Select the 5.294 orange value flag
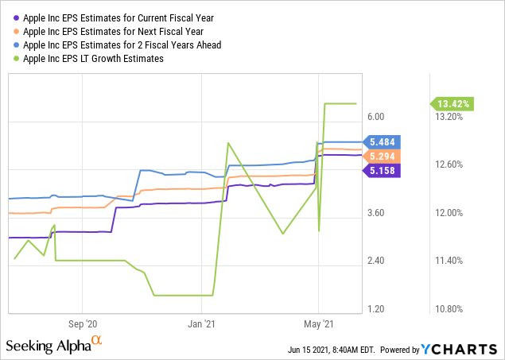[x=384, y=156]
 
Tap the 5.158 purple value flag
[x=384, y=170]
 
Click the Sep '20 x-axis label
[x=83, y=324]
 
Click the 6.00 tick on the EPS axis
[x=376, y=117]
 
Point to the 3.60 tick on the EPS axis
[x=376, y=213]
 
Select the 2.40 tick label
[x=376, y=261]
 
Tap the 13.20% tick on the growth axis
[x=450, y=117]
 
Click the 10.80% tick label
[x=450, y=309]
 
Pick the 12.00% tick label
[x=450, y=213]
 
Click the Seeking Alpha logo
[x=54, y=346]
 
